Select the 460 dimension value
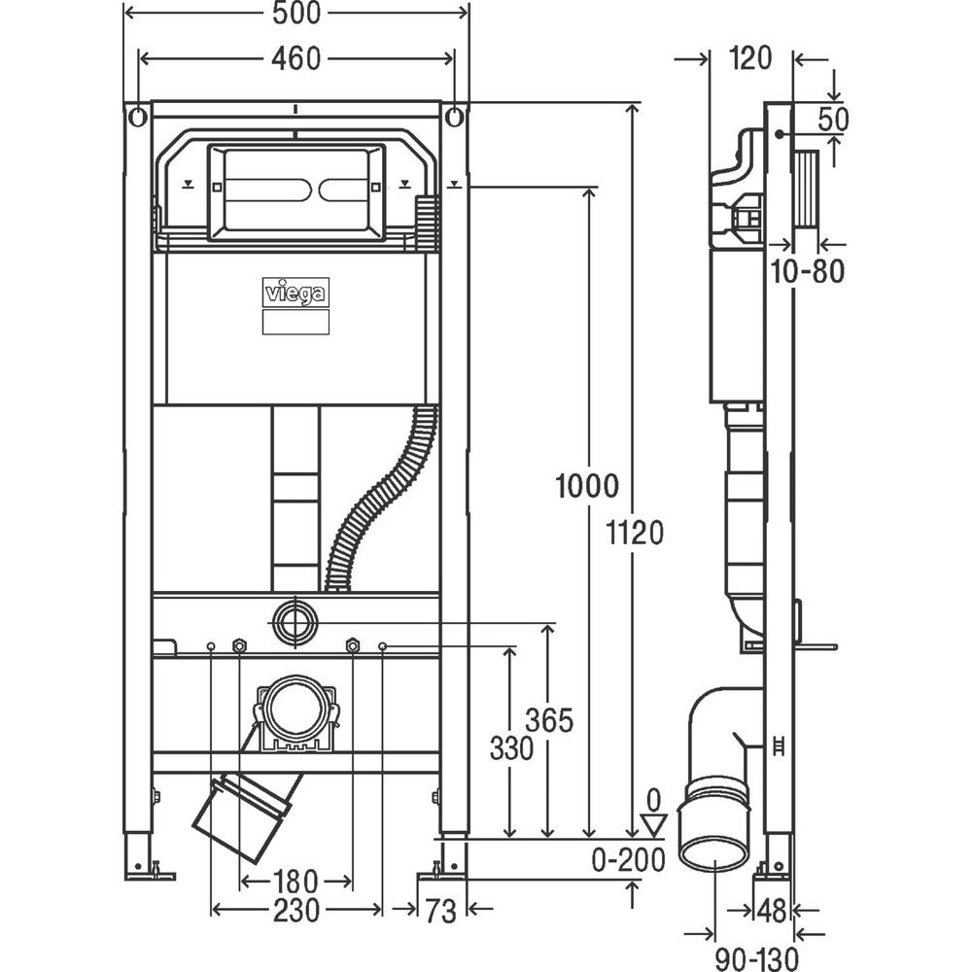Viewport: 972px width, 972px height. point(295,58)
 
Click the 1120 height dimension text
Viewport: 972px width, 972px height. point(632,532)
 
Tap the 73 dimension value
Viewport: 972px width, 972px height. point(440,911)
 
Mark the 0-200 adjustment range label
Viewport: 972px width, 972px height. point(628,860)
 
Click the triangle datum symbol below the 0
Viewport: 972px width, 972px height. point(655,825)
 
